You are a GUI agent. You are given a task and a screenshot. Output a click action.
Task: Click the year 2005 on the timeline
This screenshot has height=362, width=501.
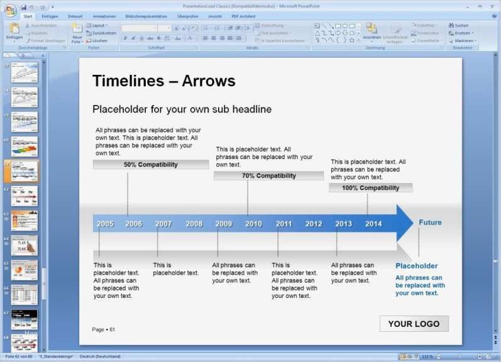point(105,224)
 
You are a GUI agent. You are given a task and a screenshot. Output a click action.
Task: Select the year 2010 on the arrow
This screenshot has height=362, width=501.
point(253,224)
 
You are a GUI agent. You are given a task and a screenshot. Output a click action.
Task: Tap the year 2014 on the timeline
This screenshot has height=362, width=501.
point(373,224)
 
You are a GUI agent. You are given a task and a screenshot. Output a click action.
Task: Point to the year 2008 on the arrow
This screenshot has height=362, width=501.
point(194,224)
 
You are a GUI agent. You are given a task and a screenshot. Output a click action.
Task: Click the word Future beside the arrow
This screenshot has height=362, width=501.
point(430,222)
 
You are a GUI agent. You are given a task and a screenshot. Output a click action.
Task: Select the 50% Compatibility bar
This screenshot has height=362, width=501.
point(151,165)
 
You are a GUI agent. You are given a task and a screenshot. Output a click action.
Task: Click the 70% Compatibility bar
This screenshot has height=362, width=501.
point(268,176)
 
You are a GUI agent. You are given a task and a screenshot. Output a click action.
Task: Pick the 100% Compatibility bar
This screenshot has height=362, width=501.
point(370,188)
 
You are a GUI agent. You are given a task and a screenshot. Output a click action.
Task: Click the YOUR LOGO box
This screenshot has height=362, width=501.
point(414,324)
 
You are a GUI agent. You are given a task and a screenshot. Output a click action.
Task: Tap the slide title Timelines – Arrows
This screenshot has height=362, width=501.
point(163,81)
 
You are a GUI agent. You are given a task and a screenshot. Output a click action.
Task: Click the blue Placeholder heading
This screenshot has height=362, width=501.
point(416,266)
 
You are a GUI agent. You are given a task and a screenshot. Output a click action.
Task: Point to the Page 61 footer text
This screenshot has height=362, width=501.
point(104,329)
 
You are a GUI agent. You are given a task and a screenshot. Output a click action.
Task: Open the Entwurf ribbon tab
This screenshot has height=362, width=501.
point(75,16)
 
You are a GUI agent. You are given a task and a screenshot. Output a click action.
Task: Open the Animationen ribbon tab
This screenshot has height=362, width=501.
point(104,16)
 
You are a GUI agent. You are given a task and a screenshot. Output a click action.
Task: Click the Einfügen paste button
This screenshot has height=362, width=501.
point(14,33)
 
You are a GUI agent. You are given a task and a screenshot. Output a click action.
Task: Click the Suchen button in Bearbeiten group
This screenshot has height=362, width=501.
point(461,26)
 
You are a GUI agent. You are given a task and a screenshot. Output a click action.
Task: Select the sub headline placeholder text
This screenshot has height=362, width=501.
point(182,109)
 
